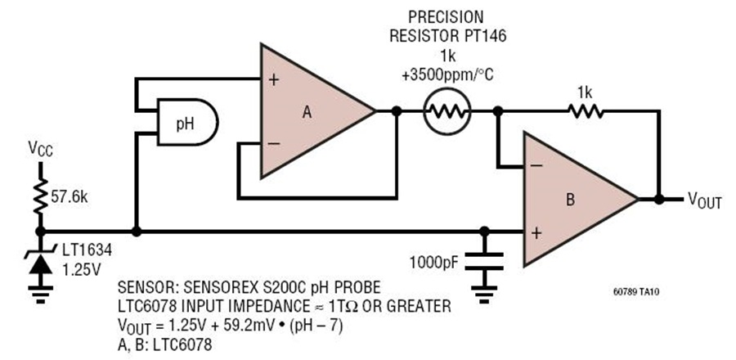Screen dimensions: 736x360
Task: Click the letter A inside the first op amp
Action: [307, 112]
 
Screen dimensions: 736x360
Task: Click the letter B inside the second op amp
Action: [570, 200]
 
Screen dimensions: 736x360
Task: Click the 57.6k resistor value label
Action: [70, 197]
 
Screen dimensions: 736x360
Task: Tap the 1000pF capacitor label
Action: [433, 262]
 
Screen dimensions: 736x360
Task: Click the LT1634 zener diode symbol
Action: [41, 263]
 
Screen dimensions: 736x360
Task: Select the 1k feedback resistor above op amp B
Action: [586, 111]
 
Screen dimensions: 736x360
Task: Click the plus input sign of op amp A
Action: [274, 79]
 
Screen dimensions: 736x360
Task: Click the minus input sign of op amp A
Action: [274, 144]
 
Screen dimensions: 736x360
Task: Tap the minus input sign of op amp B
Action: [537, 165]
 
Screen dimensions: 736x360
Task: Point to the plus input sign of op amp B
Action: [537, 233]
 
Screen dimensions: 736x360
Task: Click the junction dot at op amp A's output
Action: [397, 111]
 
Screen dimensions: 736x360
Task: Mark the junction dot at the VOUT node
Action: [659, 200]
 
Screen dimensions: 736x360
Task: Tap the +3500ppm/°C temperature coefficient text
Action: [448, 75]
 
